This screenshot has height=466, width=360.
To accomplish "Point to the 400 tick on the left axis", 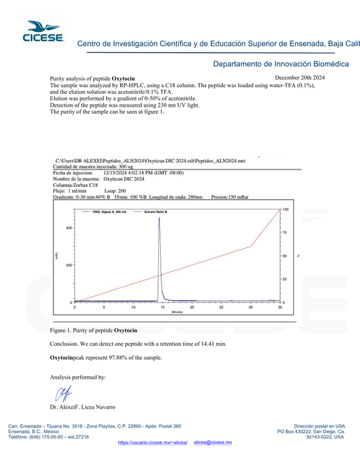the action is point(68,228).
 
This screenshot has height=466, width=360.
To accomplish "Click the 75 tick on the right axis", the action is point(285,233).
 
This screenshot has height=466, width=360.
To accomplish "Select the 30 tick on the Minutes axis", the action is point(251,307).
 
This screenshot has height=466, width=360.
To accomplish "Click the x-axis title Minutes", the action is point(177,312).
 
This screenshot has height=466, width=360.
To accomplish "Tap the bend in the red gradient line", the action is point(251,247).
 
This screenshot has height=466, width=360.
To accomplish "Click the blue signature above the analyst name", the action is point(63,393).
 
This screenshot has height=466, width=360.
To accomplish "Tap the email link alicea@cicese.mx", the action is point(213,442).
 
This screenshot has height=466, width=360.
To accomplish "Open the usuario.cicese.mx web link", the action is point(152,442).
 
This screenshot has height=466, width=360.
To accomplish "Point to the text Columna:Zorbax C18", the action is point(76,185).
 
